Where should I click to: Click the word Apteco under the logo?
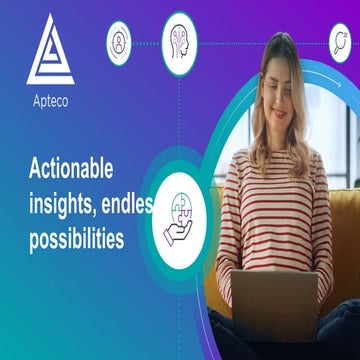click(50, 101)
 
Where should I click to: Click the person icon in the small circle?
click(120, 42)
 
